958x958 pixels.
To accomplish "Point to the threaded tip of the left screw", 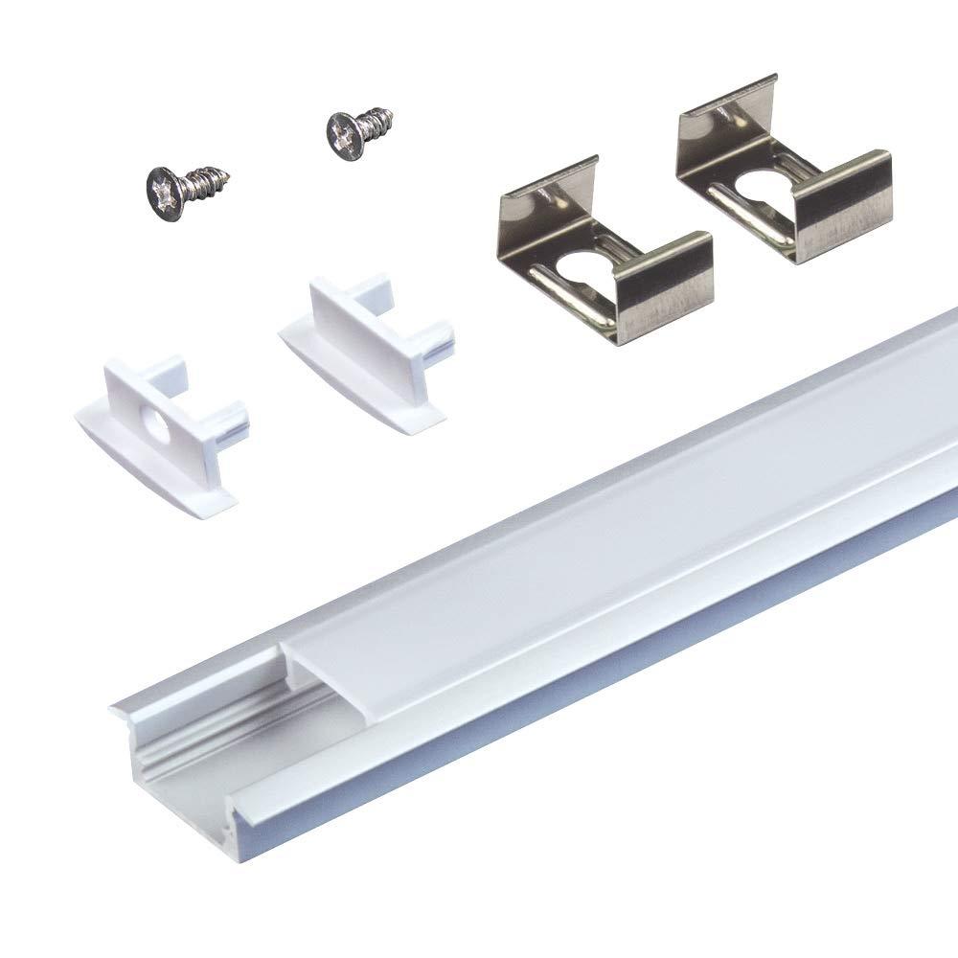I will tap(226, 175).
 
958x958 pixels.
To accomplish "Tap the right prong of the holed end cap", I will tap(234, 422).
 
